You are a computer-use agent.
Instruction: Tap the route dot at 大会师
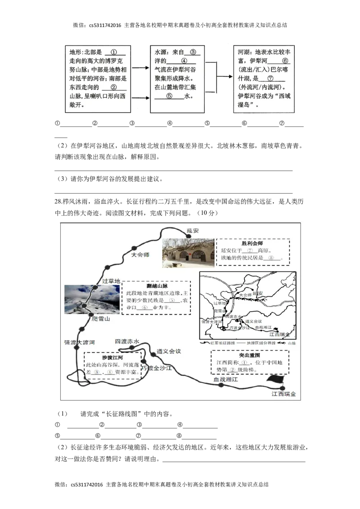point(134,248)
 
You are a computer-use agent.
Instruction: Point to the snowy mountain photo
point(92,299)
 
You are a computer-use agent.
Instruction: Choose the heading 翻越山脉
point(156,286)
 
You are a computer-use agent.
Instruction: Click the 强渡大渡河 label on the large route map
point(79,342)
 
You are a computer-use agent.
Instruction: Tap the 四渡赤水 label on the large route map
point(127,342)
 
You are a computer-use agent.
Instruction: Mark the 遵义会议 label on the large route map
point(168,351)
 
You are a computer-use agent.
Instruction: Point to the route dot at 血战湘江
point(221,385)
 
